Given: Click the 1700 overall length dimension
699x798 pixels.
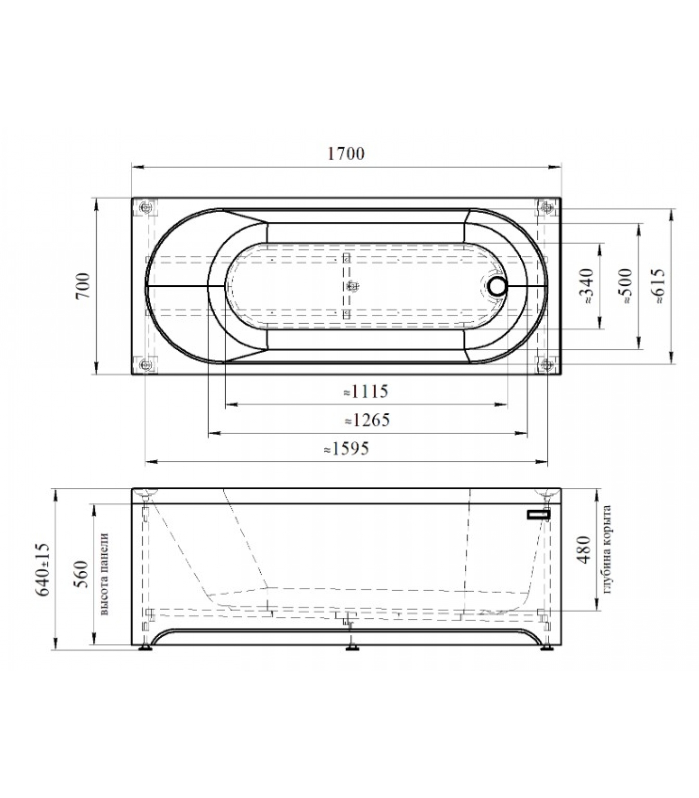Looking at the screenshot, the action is coord(346,153).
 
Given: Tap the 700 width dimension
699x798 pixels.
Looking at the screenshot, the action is coord(83,286).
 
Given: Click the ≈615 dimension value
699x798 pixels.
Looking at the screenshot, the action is coord(659,286).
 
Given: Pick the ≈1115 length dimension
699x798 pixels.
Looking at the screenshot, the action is coord(366,392).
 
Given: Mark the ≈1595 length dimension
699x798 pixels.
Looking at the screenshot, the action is coord(347,449).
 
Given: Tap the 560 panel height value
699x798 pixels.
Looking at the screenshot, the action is coord(80,574).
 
